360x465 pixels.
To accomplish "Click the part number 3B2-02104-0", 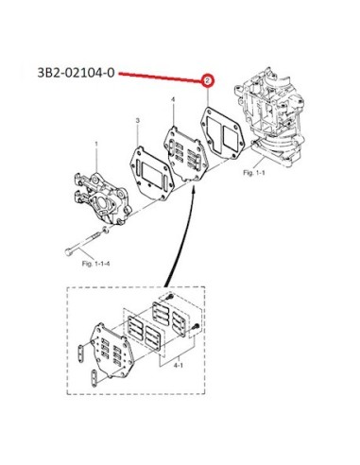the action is click(x=76, y=73).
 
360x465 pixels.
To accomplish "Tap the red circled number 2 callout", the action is click(x=207, y=81).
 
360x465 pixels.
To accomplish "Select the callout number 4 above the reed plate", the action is click(x=173, y=100).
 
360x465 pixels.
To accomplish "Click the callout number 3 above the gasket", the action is click(x=138, y=120).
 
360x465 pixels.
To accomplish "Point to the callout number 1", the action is click(x=96, y=144).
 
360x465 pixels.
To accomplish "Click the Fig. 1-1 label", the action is click(x=254, y=172).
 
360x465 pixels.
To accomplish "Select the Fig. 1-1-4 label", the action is click(x=95, y=264).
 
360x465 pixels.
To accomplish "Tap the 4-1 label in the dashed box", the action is click(x=179, y=365).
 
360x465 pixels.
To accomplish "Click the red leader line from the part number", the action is click(x=161, y=77).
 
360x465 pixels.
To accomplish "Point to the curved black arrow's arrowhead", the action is click(x=195, y=189).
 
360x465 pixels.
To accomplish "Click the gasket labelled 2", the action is click(x=222, y=133).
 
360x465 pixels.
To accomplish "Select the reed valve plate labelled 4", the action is click(x=185, y=154).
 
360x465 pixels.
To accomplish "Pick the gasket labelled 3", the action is click(x=152, y=174).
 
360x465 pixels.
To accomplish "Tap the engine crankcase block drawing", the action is click(x=269, y=116).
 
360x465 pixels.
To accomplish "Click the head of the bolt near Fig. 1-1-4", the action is click(x=68, y=252).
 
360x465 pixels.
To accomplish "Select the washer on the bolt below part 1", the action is click(x=106, y=230).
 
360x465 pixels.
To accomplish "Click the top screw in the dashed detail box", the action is click(x=170, y=297).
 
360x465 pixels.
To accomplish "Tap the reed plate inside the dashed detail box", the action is click(x=112, y=351).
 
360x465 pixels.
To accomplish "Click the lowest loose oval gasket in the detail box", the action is click(x=94, y=377).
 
